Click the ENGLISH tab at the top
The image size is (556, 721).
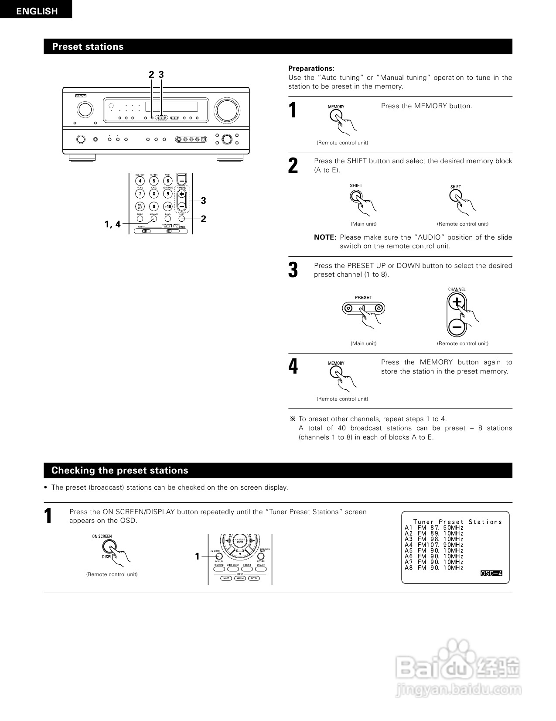click(x=37, y=11)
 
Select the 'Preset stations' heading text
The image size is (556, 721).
click(x=88, y=47)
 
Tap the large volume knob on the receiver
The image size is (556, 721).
click(x=227, y=110)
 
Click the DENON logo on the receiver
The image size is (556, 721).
click(x=81, y=95)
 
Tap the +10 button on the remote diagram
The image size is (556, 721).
click(x=167, y=206)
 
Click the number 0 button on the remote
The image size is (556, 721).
click(x=153, y=206)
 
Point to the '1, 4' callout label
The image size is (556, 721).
click(x=113, y=224)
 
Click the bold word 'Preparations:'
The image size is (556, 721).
click(x=311, y=69)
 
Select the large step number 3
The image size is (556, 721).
click(x=293, y=270)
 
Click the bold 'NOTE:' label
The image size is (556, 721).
click(x=325, y=237)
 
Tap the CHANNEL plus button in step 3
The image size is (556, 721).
click(x=457, y=302)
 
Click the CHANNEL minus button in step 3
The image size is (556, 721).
click(x=457, y=326)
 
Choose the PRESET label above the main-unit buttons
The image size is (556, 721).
click(x=363, y=297)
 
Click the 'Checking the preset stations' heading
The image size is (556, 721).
click(x=119, y=470)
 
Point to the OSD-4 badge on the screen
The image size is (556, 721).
click(x=491, y=573)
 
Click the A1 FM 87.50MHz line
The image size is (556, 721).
click(x=434, y=528)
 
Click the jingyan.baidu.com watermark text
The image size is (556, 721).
click(x=458, y=690)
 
